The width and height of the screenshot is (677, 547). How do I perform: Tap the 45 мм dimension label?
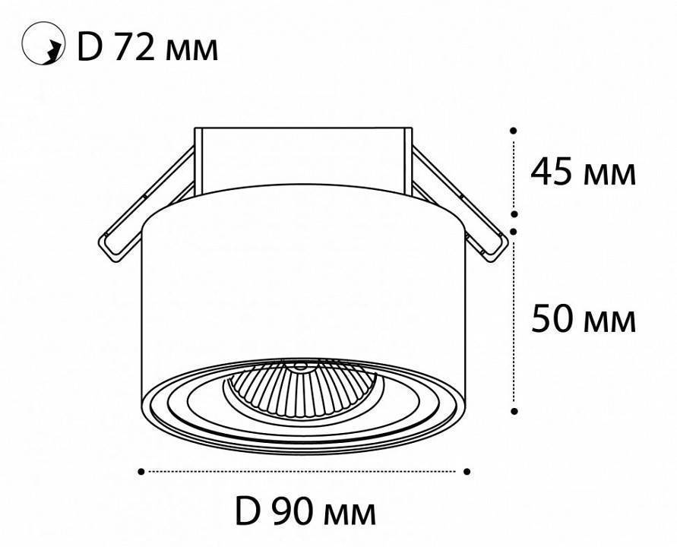582,172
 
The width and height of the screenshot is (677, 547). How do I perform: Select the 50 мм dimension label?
582,319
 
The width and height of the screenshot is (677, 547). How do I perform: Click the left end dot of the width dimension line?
141,472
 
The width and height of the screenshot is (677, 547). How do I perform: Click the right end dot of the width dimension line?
467,472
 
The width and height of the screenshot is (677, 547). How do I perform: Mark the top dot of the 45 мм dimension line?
514,131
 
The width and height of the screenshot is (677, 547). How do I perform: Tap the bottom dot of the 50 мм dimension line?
514,411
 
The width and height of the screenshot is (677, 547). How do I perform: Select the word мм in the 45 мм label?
608,175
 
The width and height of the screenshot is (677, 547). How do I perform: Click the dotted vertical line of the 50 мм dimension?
514,319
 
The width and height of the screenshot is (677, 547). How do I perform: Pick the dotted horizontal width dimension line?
304,472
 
